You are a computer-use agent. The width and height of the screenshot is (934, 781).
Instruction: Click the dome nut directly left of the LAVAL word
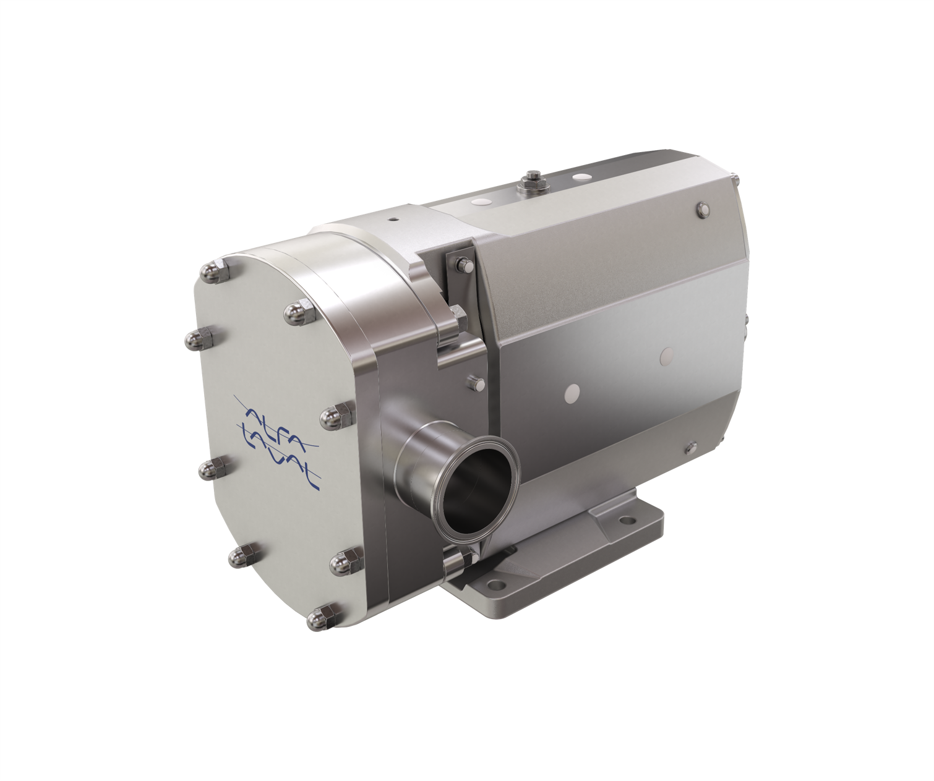point(212,470)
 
